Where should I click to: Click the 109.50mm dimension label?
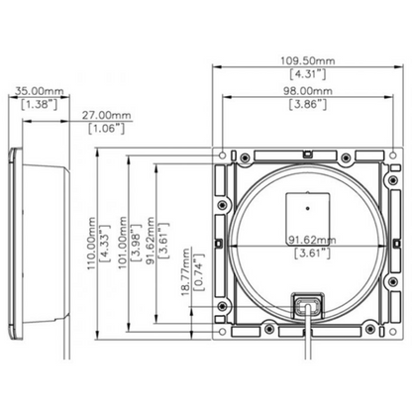(308, 60)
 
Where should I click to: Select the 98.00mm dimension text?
(308, 91)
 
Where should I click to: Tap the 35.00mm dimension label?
(40, 90)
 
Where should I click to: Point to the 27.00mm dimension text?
(106, 115)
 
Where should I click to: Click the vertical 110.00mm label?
(91, 244)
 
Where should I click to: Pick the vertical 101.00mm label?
(123, 243)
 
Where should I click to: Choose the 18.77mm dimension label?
(186, 271)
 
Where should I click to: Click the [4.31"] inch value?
(308, 74)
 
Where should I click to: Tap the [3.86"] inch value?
(308, 104)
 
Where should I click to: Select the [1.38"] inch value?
(40, 104)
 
